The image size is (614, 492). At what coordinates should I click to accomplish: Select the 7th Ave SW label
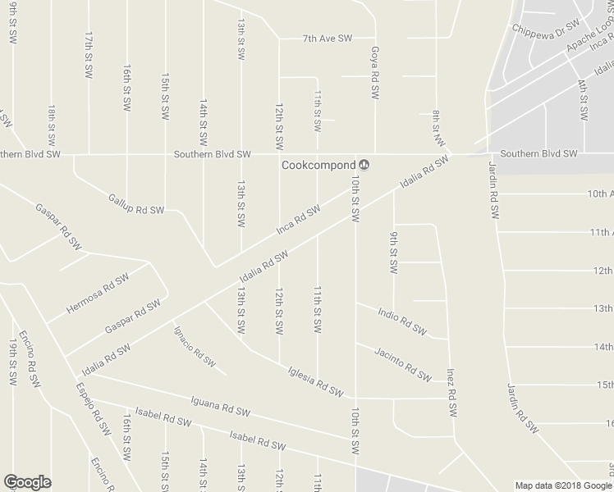pyautogui.click(x=327, y=38)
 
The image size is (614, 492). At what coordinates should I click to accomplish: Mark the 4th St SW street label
pyautogui.click(x=583, y=100)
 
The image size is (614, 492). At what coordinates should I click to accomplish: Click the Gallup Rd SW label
pyautogui.click(x=136, y=204)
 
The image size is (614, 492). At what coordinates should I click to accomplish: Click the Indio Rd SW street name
pyautogui.click(x=402, y=321)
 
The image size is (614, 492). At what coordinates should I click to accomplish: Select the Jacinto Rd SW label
pyautogui.click(x=402, y=364)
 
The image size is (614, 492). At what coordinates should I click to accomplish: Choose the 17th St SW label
pyautogui.click(x=87, y=55)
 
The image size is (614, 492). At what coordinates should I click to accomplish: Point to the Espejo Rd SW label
pyautogui.click(x=92, y=408)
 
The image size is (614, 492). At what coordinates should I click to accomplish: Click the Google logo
pyautogui.click(x=28, y=482)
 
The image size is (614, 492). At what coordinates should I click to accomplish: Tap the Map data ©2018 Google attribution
pyautogui.click(x=562, y=485)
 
